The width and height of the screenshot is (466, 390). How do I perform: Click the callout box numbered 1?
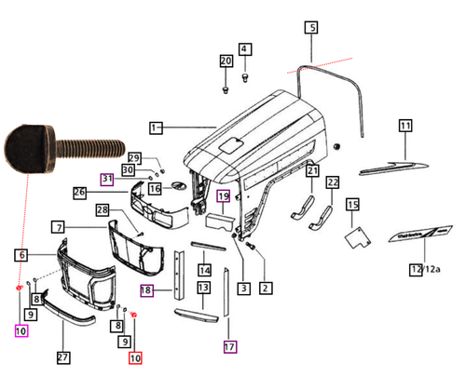click(x=157, y=126)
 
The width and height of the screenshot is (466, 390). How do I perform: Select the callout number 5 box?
click(x=311, y=29)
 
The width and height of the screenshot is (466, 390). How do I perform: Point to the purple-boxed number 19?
click(x=224, y=196)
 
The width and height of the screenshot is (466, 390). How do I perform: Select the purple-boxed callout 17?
click(x=230, y=347)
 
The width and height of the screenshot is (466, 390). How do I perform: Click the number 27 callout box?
click(x=62, y=357)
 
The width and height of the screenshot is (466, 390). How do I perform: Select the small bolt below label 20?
click(x=226, y=89)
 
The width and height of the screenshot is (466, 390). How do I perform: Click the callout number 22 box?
click(x=333, y=182)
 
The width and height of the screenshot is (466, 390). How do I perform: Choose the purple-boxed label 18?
click(x=146, y=290)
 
